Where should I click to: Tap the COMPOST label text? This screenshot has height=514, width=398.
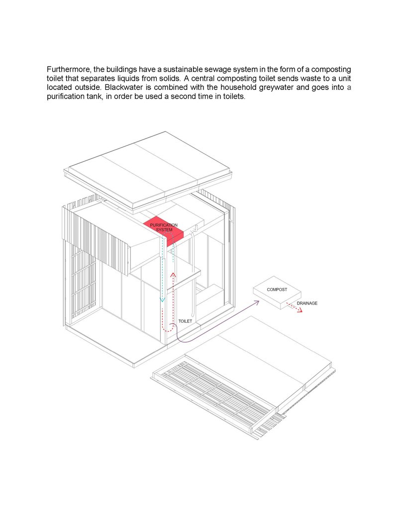click(277, 290)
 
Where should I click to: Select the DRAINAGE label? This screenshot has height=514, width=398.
click(307, 303)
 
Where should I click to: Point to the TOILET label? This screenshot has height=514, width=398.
click(185, 321)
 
